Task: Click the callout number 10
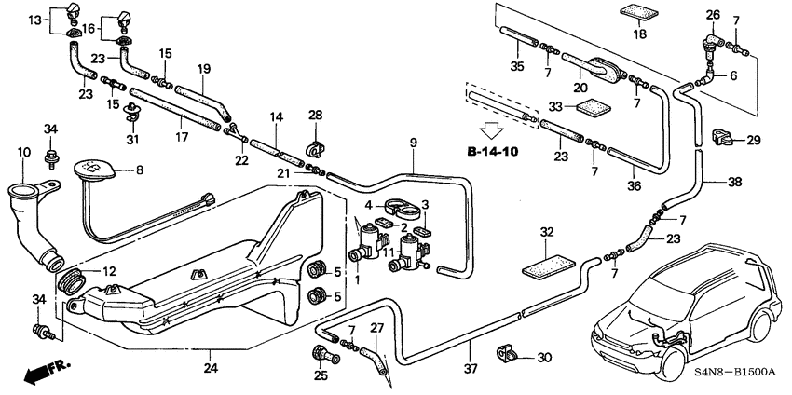pos(23,152)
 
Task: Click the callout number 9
pos(413,143)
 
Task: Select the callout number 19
pos(204,68)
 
